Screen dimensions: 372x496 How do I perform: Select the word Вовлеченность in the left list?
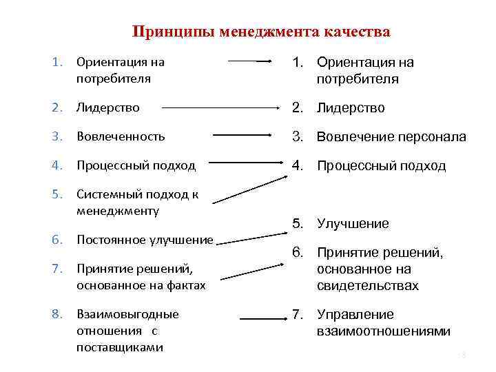click(121, 136)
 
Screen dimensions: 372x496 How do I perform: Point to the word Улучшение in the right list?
click(353, 224)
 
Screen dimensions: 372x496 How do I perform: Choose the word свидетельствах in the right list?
click(368, 286)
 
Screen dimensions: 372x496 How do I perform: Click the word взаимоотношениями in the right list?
click(384, 331)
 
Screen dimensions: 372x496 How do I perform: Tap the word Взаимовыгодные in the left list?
click(127, 314)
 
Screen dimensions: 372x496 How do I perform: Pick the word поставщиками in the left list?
click(120, 347)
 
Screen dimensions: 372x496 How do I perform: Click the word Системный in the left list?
click(104, 194)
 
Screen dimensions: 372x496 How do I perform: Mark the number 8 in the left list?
click(56, 314)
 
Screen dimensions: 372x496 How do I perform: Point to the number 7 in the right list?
click(297, 315)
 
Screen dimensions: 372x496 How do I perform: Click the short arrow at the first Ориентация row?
click(251, 61)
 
